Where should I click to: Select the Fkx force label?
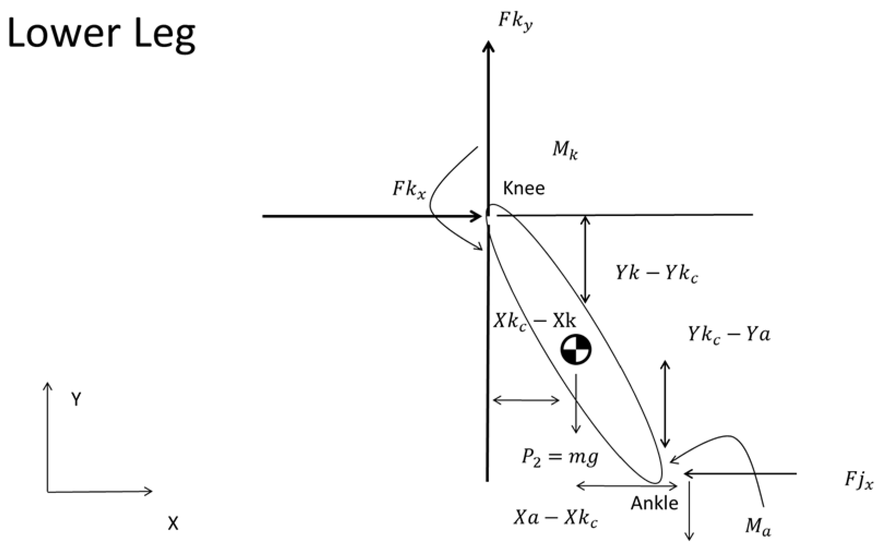(x=409, y=189)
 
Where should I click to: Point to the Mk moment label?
(x=565, y=150)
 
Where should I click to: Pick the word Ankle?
(x=654, y=503)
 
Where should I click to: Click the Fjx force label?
(x=859, y=481)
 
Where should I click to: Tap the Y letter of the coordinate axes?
(x=76, y=399)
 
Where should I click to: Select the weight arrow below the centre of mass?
(x=576, y=404)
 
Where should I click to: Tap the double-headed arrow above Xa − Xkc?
(x=627, y=486)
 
